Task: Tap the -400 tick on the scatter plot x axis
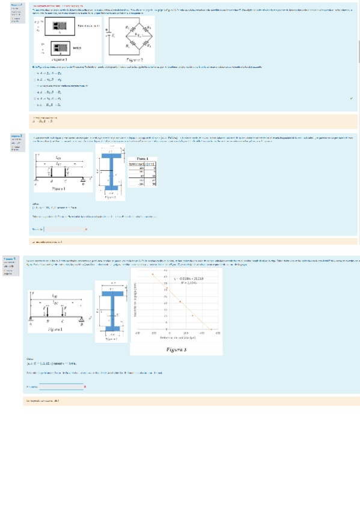point(137,333)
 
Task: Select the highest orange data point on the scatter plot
point(153,274)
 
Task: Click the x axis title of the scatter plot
point(177,337)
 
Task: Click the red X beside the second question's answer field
point(86,229)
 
